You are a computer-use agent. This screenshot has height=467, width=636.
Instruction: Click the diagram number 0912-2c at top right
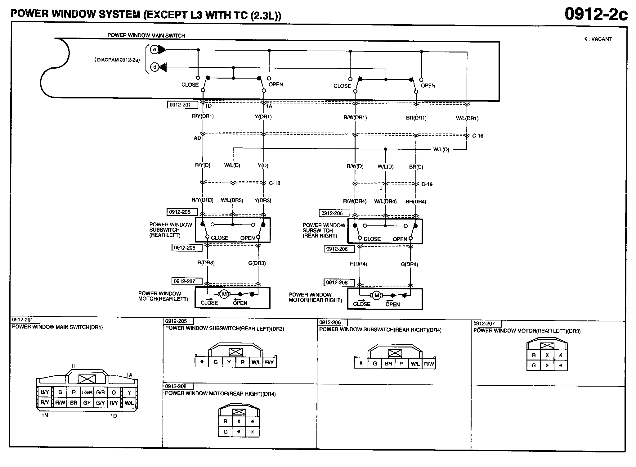click(x=596, y=14)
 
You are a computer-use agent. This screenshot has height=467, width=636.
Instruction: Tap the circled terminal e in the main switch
click(x=154, y=49)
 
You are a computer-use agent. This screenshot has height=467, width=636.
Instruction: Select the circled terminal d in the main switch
click(x=155, y=67)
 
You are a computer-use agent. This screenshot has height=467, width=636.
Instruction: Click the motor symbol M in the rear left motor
click(x=224, y=294)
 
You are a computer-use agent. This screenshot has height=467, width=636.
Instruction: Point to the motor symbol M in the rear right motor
click(x=377, y=295)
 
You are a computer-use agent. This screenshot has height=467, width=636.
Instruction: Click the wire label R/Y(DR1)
click(x=203, y=116)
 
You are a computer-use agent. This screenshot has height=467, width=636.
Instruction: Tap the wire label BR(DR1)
click(x=416, y=118)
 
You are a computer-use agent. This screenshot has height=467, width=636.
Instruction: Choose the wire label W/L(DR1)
click(x=467, y=118)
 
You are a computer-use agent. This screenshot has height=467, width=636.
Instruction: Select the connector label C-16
click(x=478, y=136)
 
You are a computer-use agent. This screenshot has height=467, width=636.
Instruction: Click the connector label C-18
click(x=275, y=183)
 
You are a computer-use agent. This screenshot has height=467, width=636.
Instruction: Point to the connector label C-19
click(x=427, y=184)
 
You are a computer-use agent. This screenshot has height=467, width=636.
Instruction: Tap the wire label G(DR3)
click(x=257, y=263)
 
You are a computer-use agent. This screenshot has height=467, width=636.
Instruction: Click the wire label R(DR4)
click(x=358, y=264)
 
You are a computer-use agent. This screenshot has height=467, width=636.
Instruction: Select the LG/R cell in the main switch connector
click(x=87, y=392)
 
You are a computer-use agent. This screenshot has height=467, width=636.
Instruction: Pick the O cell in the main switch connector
click(x=114, y=392)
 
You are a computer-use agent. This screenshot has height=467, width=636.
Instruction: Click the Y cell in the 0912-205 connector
click(x=229, y=362)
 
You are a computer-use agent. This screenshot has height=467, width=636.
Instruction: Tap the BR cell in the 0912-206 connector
click(x=388, y=364)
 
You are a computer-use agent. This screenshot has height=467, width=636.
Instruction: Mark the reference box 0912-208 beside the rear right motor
click(x=336, y=283)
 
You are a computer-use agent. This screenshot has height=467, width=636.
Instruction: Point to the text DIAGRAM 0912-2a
click(x=117, y=60)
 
